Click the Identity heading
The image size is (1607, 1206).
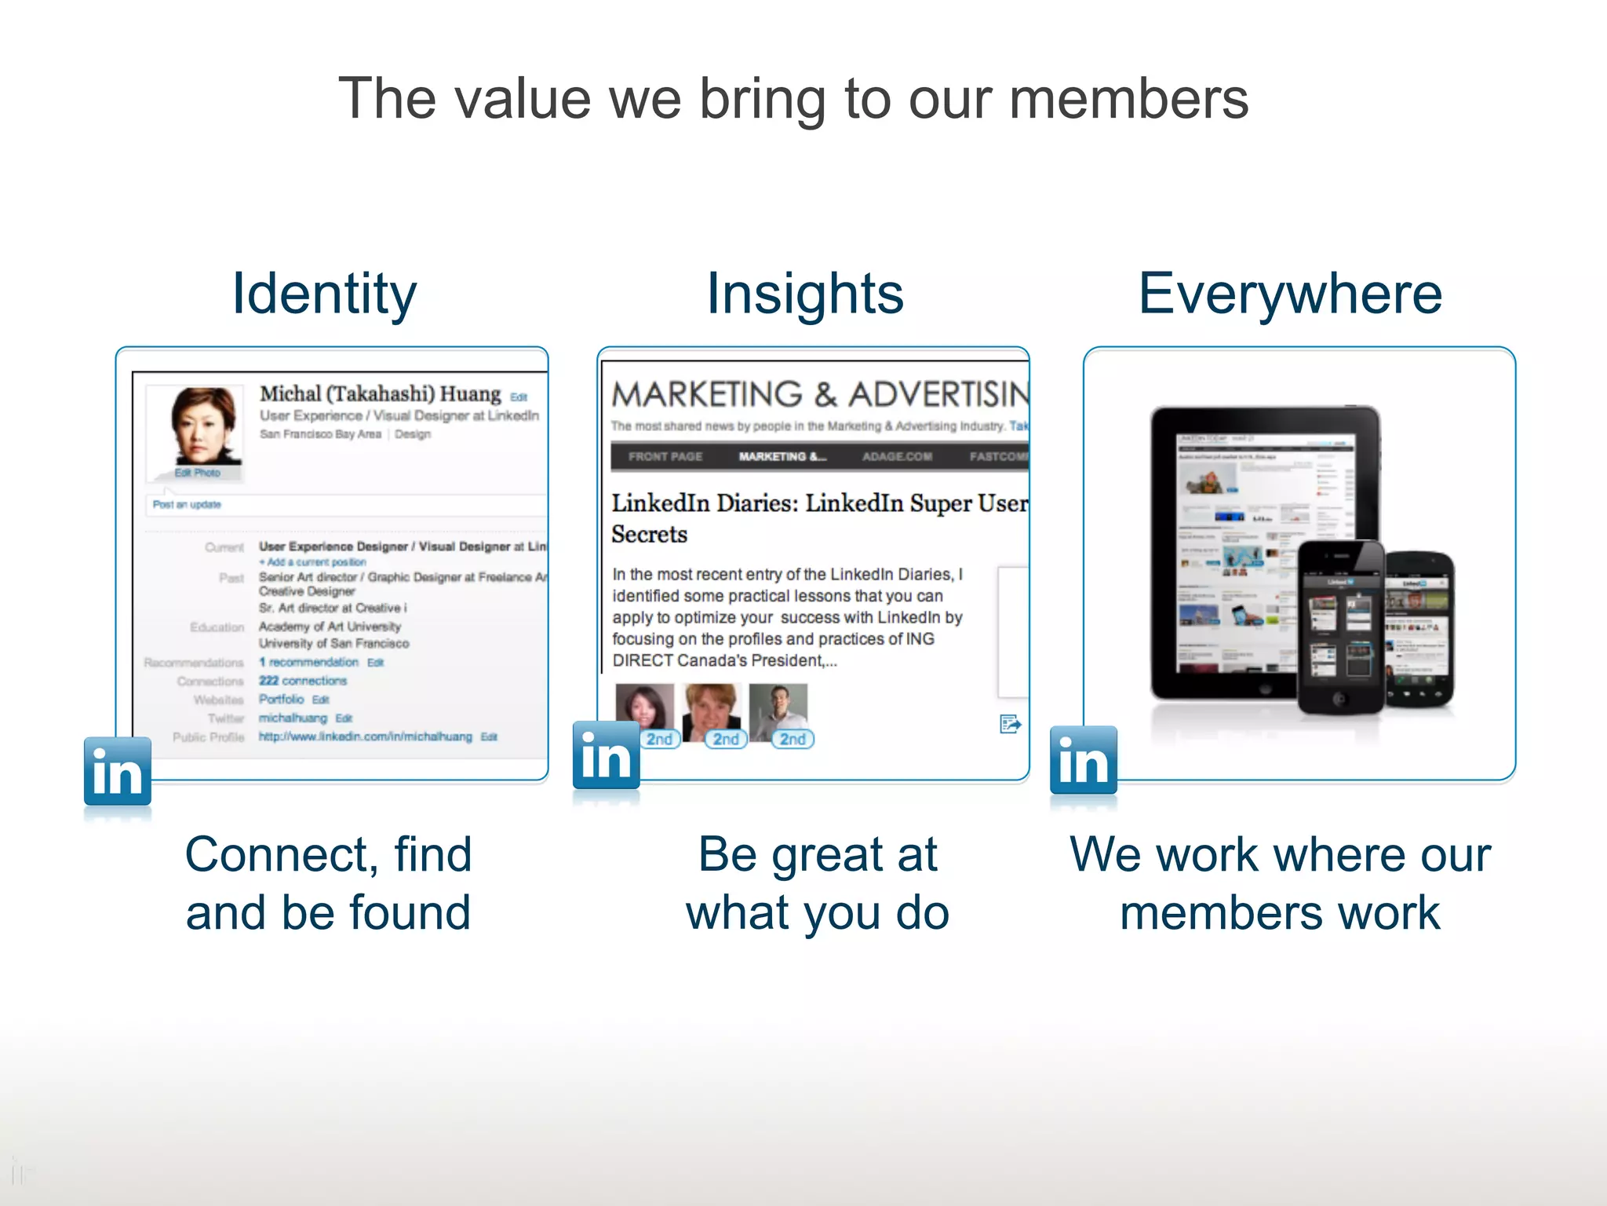point(324,294)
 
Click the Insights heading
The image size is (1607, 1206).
point(805,294)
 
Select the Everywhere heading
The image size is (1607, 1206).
point(1290,294)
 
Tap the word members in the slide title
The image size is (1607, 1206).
point(1128,99)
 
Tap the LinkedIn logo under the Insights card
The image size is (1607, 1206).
point(606,755)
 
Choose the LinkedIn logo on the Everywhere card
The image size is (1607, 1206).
point(1084,760)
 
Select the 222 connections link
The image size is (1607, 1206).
point(303,681)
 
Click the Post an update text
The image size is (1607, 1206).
point(187,505)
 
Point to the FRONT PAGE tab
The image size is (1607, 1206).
point(665,456)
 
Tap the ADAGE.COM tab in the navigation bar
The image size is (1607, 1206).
point(897,456)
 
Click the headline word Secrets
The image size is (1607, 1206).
point(649,535)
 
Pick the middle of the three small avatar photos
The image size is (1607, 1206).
point(711,711)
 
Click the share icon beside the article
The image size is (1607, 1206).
point(1010,724)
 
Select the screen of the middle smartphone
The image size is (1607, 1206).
point(1340,628)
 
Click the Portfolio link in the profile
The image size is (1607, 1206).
point(281,700)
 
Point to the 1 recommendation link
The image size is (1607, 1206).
point(309,662)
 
